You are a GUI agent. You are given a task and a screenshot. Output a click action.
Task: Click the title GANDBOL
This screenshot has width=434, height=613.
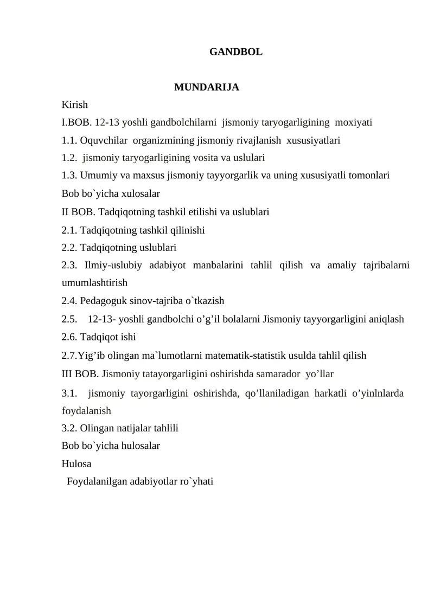point(235,52)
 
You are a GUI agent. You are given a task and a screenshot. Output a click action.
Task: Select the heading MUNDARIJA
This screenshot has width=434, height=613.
point(207,87)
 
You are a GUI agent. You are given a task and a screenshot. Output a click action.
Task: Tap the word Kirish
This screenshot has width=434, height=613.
point(75,104)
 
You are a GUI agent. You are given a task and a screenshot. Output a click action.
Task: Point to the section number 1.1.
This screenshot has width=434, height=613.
point(69,140)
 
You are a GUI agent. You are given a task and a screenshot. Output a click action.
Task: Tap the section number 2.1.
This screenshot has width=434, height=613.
point(69,230)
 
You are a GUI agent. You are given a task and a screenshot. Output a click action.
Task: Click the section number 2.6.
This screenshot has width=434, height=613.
point(69,337)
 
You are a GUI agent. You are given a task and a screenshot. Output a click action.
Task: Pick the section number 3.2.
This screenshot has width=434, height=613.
point(69,428)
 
